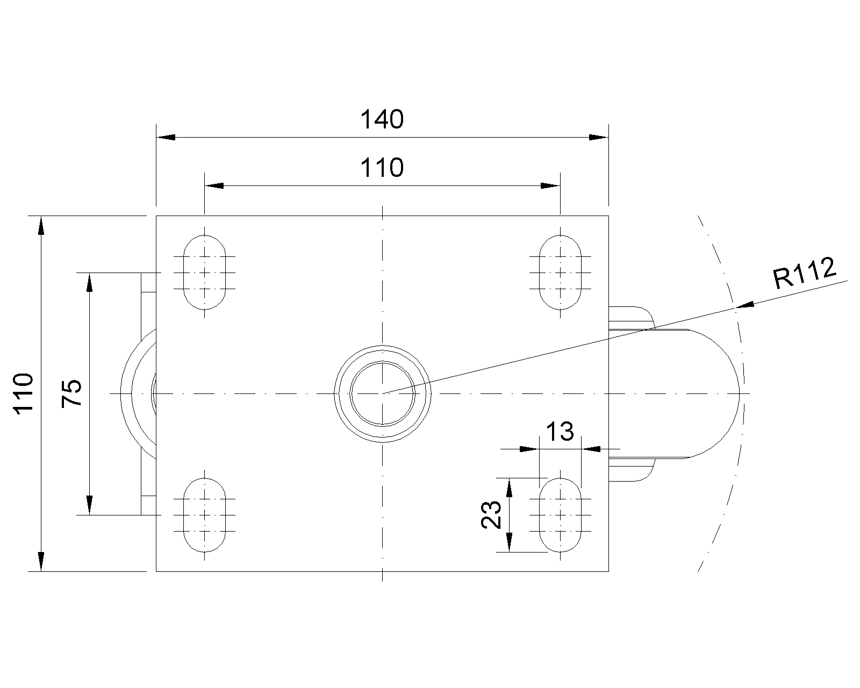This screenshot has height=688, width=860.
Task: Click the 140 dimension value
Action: point(382,119)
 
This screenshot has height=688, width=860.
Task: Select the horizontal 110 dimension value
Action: point(382,168)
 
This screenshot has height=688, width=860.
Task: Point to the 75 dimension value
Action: point(71,393)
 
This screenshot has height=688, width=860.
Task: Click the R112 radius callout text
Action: point(805,273)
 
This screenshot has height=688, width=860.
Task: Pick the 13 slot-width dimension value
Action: point(560,432)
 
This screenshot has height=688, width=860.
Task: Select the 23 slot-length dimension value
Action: point(491,514)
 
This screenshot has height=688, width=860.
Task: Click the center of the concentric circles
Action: point(383,393)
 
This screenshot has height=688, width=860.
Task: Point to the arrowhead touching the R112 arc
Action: point(745,305)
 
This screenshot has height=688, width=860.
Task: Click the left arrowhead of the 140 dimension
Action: point(166,137)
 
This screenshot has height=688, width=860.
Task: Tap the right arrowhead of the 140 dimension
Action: point(599,137)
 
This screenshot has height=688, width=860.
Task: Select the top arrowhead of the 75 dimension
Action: point(90,282)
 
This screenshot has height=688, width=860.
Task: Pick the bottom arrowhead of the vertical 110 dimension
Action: point(41,561)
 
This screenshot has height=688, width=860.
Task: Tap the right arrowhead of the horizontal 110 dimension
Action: point(550,185)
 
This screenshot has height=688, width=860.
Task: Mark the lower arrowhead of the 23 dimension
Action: point(509,542)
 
